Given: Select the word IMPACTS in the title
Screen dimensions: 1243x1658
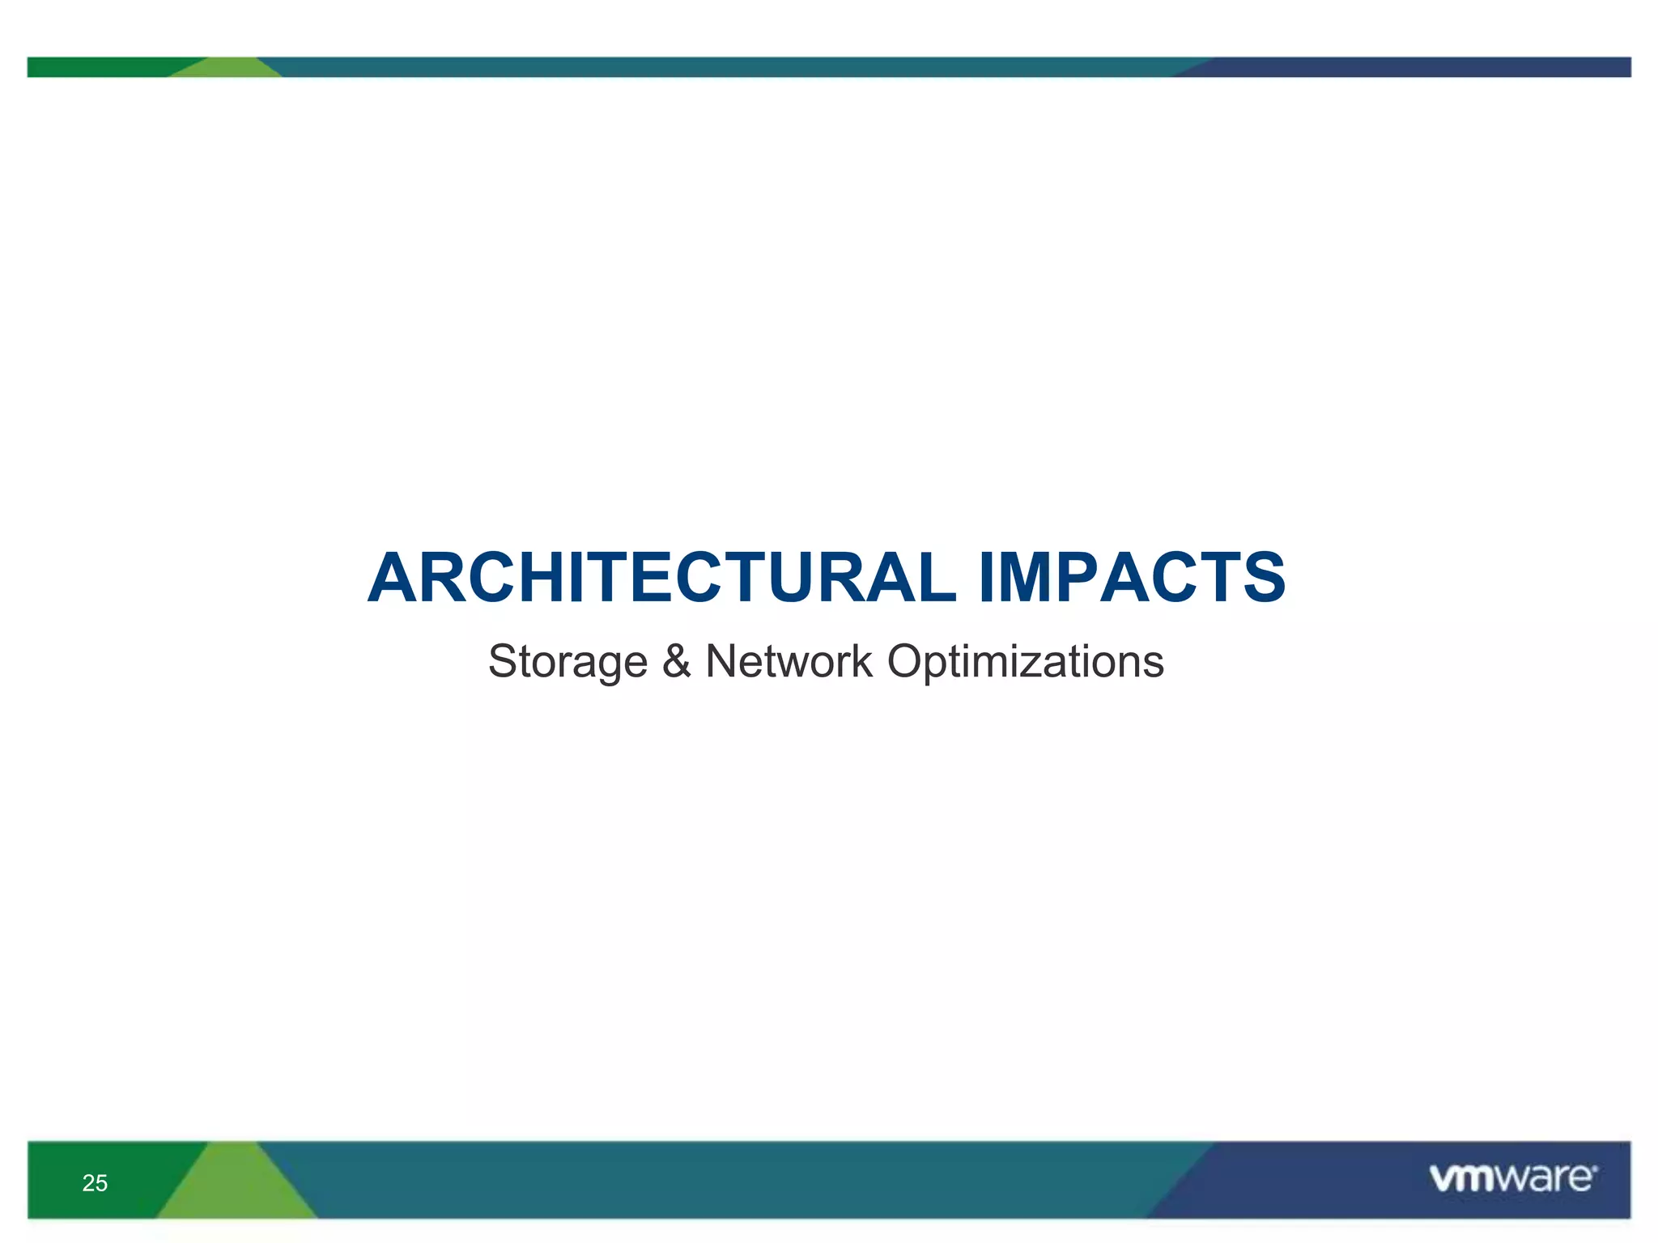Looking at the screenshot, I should tap(1132, 578).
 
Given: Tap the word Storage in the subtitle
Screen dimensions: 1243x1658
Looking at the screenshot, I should tap(568, 662).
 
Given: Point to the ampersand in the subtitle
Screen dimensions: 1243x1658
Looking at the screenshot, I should tap(677, 660).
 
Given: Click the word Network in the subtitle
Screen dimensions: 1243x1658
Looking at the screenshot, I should tap(789, 660).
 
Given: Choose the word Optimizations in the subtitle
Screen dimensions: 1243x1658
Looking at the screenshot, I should tap(1025, 662).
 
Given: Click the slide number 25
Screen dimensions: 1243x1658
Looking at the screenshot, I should tap(95, 1183).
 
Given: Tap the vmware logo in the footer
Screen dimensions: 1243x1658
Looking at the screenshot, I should tap(1512, 1178).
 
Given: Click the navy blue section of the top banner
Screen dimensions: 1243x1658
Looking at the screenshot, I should tap(1417, 67).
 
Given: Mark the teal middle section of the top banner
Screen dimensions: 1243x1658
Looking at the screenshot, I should tap(729, 67).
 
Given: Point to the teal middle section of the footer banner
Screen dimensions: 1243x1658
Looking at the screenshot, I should tap(729, 1180).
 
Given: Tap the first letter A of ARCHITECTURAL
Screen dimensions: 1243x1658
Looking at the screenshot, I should tap(395, 578).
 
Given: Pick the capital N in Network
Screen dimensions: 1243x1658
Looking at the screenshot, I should tap(723, 660).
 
